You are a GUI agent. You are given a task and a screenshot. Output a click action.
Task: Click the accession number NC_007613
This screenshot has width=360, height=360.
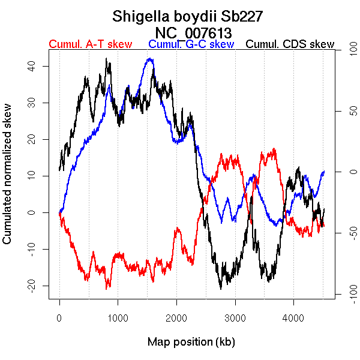193,32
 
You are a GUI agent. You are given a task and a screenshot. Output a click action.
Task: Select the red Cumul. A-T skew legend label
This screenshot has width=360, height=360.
90,44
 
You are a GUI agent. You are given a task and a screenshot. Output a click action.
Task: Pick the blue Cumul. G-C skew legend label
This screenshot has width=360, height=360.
191,44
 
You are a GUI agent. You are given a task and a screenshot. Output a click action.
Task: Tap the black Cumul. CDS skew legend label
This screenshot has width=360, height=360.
290,44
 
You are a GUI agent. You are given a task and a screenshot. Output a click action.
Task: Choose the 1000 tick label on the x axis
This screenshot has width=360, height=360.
118,318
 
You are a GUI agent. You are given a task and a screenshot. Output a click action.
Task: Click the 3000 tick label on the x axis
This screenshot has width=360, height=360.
235,318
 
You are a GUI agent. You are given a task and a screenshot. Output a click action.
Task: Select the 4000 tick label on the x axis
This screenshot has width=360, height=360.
293,318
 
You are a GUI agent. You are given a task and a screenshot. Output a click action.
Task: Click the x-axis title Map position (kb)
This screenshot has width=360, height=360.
191,343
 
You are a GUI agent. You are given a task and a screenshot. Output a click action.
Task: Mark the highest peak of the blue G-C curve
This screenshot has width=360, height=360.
149,59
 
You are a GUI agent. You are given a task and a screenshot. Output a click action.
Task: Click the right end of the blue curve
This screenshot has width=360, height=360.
324,172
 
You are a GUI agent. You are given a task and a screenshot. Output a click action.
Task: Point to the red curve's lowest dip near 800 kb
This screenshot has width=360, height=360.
108,288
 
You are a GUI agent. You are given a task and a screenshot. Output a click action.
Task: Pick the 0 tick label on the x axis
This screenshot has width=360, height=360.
59,318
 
